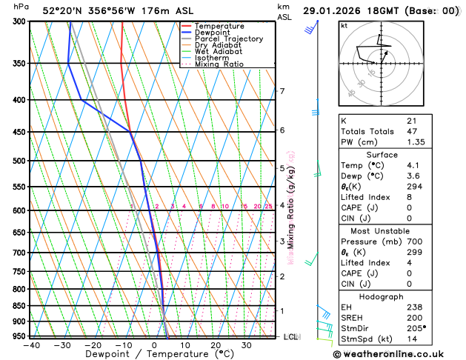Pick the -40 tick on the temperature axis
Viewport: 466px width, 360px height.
click(31, 344)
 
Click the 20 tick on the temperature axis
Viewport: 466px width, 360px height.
click(216, 344)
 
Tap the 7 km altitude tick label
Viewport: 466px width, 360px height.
click(282, 91)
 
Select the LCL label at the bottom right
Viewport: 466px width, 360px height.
click(291, 336)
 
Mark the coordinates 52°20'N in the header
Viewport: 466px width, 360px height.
click(61, 10)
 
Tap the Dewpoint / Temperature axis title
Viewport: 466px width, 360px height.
click(153, 354)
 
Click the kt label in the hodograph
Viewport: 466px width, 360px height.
click(344, 25)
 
